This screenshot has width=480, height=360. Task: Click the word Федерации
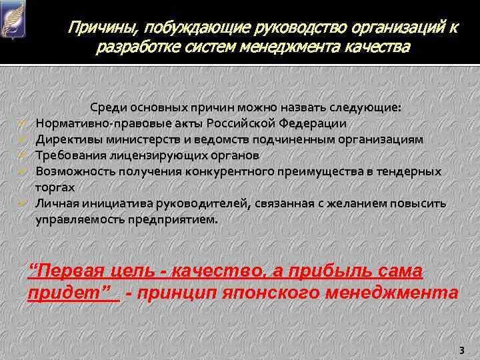pyautogui.click(x=313, y=124)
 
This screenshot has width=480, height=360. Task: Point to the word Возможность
pyautogui.click(x=71, y=172)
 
